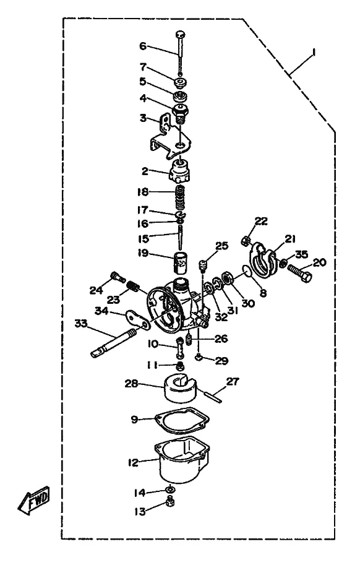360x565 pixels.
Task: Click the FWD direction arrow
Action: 34,500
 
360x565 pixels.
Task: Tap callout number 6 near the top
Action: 143,46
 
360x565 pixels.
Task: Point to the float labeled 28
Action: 181,388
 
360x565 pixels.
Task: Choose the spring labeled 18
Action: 181,198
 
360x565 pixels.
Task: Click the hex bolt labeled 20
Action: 299,274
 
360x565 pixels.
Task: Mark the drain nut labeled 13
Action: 171,501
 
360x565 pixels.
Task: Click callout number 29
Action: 221,360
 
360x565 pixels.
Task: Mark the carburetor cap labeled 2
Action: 179,173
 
